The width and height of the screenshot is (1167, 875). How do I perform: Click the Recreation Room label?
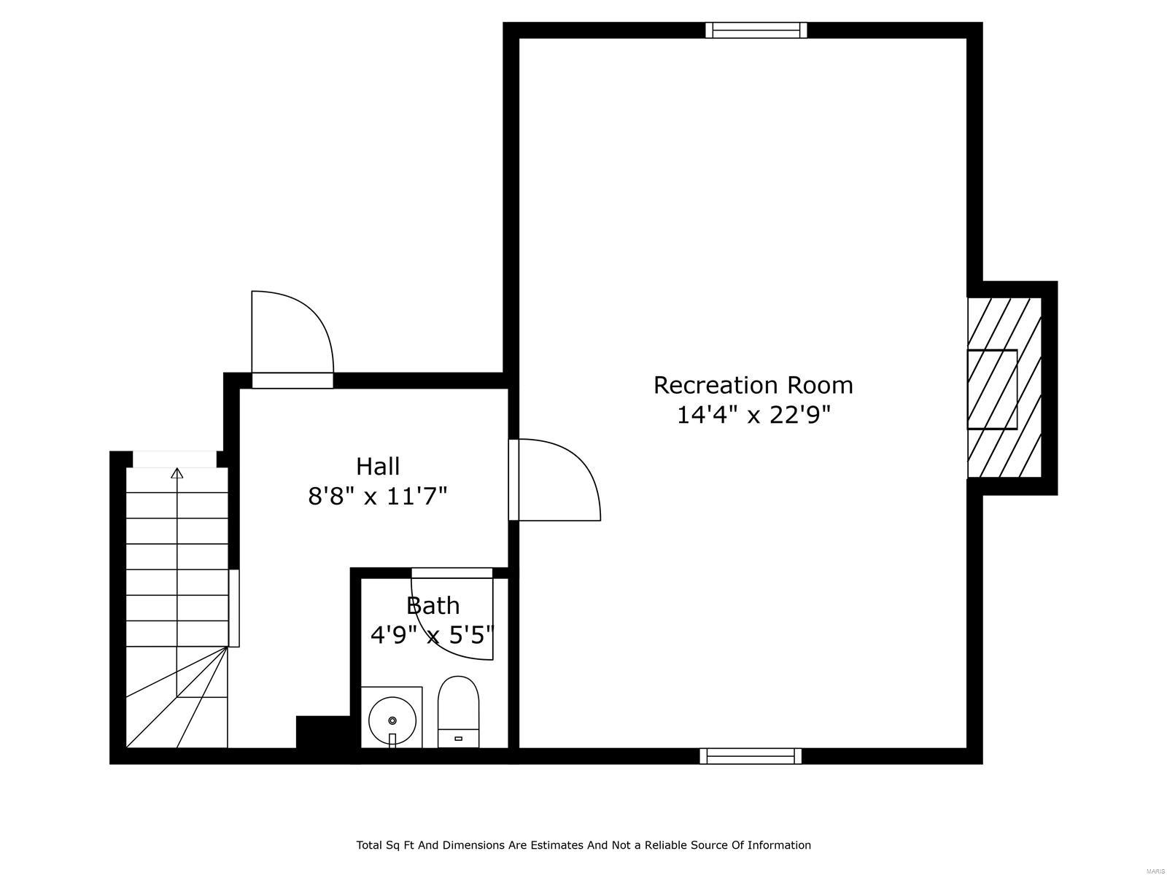click(x=753, y=384)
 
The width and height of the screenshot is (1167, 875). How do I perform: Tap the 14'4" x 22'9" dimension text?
click(x=753, y=415)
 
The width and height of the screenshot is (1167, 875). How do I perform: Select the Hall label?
click(x=378, y=466)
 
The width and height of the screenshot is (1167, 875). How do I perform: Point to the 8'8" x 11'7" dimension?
click(x=377, y=497)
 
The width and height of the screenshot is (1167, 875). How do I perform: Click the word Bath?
click(x=433, y=605)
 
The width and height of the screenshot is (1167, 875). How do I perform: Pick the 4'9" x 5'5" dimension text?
click(x=433, y=635)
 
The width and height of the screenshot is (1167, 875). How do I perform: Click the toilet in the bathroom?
click(x=458, y=710)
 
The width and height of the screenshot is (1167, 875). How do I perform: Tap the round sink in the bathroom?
click(x=392, y=720)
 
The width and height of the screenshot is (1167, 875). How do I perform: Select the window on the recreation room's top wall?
click(x=756, y=30)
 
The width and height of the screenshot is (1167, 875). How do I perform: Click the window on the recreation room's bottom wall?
click(x=751, y=757)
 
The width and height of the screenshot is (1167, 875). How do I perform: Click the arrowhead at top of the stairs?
click(x=177, y=474)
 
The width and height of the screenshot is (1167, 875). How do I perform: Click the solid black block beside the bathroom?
click(x=324, y=732)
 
